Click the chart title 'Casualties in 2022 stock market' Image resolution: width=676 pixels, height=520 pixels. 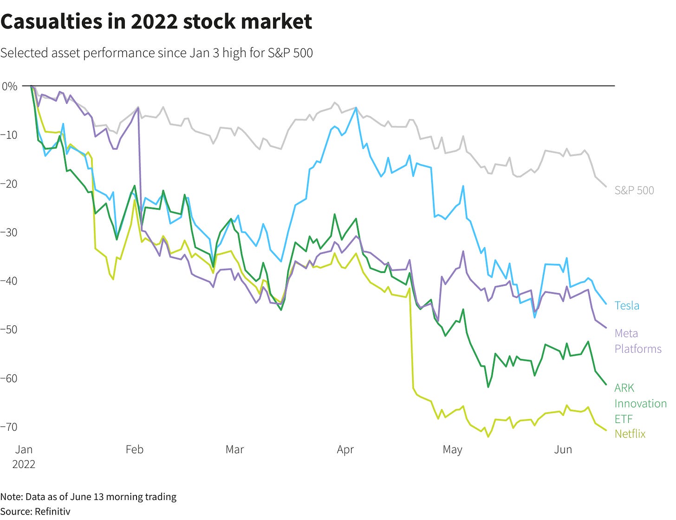[156, 21]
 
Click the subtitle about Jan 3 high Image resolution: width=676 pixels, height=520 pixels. [156, 53]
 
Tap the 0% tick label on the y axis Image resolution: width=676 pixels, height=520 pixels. [9, 86]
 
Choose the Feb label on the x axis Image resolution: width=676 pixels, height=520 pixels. [135, 449]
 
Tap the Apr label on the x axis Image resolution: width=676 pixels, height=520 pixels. [345, 449]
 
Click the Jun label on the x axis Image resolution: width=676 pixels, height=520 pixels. [563, 449]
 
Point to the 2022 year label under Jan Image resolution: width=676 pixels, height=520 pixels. [24, 464]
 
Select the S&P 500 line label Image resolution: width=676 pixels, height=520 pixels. [634, 190]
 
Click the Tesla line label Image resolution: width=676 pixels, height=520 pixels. [627, 305]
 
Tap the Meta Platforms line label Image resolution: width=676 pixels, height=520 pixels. [637, 341]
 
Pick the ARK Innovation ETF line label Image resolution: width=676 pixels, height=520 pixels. [640, 403]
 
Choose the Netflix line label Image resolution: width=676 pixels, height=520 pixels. [630, 434]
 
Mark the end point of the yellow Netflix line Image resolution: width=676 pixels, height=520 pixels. [606, 430]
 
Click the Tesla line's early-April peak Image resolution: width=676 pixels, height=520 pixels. [356, 107]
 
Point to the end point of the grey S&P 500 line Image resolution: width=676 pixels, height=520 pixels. [606, 187]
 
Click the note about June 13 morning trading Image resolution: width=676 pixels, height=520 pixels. [88, 497]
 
